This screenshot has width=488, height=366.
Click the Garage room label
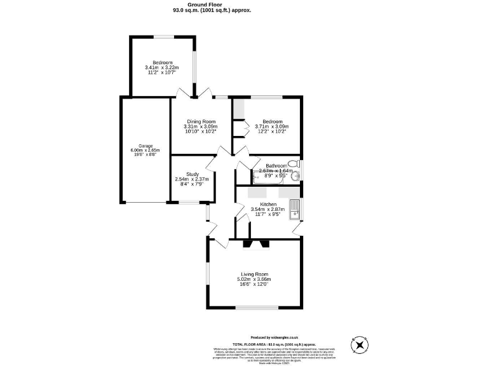pyautogui.click(x=145, y=146)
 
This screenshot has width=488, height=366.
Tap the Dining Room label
pyautogui.click(x=201, y=121)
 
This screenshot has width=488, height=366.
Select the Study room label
pyautogui.click(x=193, y=174)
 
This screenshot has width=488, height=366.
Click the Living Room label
pyautogui.click(x=254, y=274)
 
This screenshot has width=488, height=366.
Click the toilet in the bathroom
pyautogui.click(x=292, y=163)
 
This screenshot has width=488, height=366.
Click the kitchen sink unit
pyautogui.click(x=295, y=209)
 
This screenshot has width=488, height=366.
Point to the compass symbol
pyautogui.click(x=360, y=346)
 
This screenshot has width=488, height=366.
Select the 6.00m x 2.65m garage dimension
pyautogui.click(x=145, y=151)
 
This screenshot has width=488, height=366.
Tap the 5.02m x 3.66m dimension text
pyautogui.click(x=254, y=280)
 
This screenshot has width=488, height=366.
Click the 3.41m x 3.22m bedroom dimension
pyautogui.click(x=162, y=68)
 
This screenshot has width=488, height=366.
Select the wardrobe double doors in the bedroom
pyautogui.click(x=241, y=128)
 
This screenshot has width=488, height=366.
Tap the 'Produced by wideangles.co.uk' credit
pyautogui.click(x=275, y=338)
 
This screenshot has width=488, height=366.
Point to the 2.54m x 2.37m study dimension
pyautogui.click(x=193, y=179)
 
